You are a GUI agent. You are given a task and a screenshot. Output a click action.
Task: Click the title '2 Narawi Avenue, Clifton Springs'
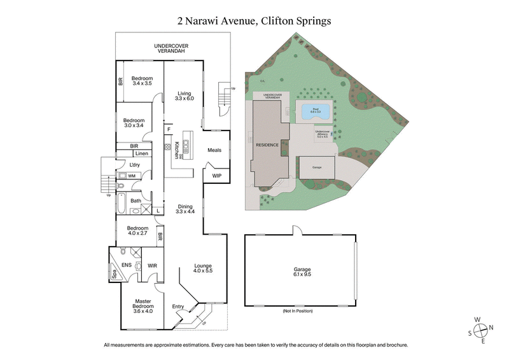coord(254,20)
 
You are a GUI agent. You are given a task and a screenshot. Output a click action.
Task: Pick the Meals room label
coord(214,150)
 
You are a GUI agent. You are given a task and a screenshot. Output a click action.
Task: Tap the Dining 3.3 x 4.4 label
coord(185,209)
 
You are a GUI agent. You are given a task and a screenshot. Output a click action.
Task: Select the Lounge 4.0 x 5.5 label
coord(203,268)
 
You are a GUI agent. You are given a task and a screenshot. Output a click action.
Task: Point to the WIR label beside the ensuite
coord(152,265)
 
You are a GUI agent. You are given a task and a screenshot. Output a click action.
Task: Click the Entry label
coord(178,307)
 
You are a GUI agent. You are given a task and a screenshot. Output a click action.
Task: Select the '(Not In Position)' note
coord(298,311)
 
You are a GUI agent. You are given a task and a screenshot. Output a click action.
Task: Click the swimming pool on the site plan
coord(315,112)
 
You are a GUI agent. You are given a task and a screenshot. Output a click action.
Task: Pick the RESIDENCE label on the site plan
coord(267,145)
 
